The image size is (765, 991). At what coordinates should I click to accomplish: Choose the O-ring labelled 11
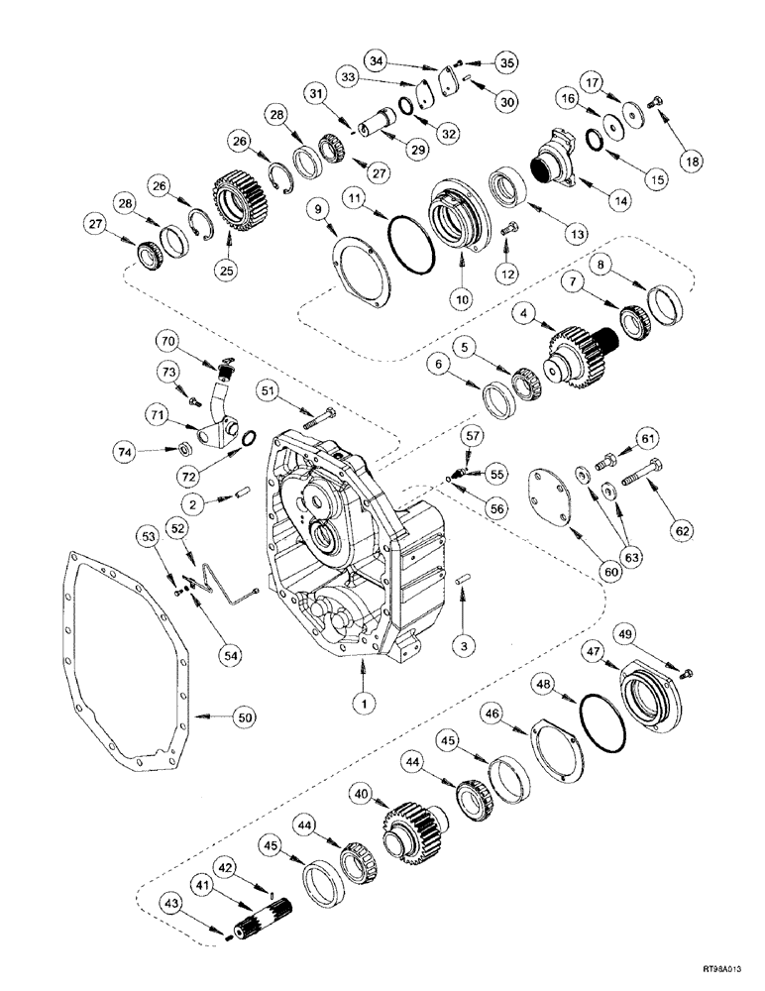point(408,244)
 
